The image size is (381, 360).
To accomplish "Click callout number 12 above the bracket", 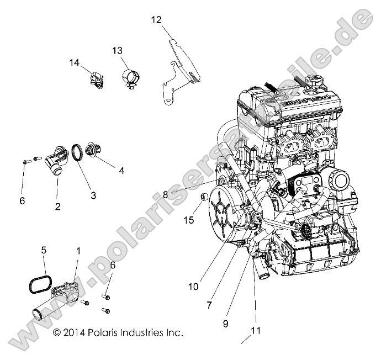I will point(156,20).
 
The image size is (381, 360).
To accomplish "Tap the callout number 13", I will point(117,50).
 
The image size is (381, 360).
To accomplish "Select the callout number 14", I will point(75,62).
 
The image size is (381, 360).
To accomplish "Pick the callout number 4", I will point(121,171).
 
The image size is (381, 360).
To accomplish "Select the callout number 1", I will point(78,251).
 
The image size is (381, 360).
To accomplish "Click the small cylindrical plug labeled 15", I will point(204,197).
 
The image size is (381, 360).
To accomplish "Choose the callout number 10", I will point(193,287).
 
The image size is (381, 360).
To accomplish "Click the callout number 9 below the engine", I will point(225,324).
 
